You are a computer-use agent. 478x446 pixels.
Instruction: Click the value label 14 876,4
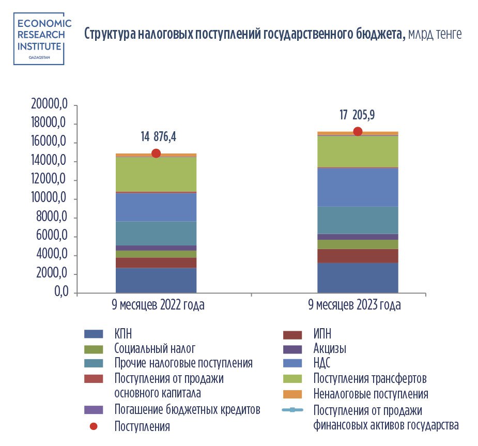pyautogui.click(x=159, y=137)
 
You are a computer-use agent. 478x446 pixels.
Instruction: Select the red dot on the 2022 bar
pyautogui.click(x=156, y=153)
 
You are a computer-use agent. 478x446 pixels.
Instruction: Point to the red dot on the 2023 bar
pyautogui.click(x=358, y=131)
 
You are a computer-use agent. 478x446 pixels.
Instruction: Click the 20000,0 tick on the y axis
pyautogui.click(x=50, y=105)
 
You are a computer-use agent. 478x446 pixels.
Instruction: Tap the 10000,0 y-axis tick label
pyautogui.click(x=50, y=199)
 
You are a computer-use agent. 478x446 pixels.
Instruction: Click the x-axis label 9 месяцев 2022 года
pyautogui.click(x=158, y=305)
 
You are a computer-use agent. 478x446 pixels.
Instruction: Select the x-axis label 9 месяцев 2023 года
pyautogui.click(x=354, y=305)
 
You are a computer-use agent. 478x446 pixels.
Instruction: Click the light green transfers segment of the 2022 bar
pyautogui.click(x=156, y=174)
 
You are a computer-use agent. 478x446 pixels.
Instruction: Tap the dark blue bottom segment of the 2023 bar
pyautogui.click(x=358, y=278)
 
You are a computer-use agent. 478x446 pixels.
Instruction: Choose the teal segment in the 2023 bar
pyautogui.click(x=358, y=220)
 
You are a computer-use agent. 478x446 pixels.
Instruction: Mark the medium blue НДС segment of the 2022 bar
pyautogui.click(x=156, y=207)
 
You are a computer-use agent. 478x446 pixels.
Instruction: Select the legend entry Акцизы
pyautogui.click(x=330, y=348)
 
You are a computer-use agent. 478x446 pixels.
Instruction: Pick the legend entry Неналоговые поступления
pyautogui.click(x=371, y=394)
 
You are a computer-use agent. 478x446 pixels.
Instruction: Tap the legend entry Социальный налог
pyautogui.click(x=155, y=348)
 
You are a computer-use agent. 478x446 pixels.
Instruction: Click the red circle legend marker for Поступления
pyautogui.click(x=94, y=427)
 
